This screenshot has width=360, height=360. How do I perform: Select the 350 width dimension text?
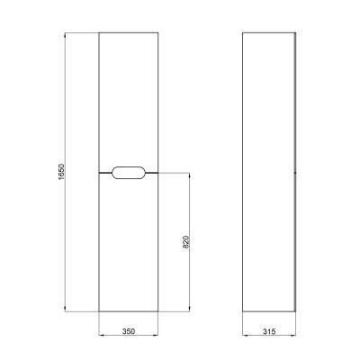[128, 332]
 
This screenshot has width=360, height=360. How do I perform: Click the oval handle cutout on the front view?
[128, 173]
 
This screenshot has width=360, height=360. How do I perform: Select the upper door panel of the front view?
[128, 99]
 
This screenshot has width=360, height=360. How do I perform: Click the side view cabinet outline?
[271, 171]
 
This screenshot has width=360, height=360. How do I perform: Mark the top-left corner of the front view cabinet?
[97, 33]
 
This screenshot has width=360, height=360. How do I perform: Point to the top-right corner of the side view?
[296, 33]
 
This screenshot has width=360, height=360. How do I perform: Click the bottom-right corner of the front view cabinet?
[159, 311]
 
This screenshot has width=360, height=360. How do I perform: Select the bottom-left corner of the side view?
[245, 311]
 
